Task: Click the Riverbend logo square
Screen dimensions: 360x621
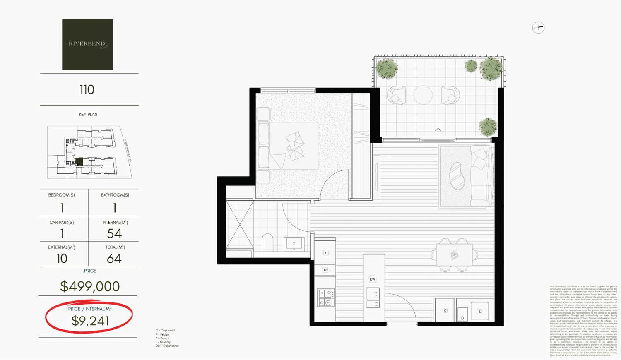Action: pyautogui.click(x=87, y=44)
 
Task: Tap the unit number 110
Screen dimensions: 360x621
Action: pyautogui.click(x=87, y=90)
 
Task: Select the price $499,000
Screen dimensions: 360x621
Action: pyautogui.click(x=90, y=286)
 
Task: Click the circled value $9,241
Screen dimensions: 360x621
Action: pyautogui.click(x=90, y=321)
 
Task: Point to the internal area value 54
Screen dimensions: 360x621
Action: pyautogui.click(x=114, y=233)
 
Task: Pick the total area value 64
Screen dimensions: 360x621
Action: pyautogui.click(x=114, y=259)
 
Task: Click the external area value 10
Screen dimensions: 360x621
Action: pyautogui.click(x=62, y=259)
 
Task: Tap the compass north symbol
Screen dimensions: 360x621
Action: pyautogui.click(x=538, y=28)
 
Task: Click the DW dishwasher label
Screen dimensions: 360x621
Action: pyautogui.click(x=373, y=279)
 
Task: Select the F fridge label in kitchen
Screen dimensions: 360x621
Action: pyautogui.click(x=326, y=253)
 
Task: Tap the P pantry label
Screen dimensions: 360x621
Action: pyautogui.click(x=325, y=270)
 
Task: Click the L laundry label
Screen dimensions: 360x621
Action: pyautogui.click(x=479, y=312)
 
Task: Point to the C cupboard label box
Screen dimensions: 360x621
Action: pyautogui.click(x=445, y=310)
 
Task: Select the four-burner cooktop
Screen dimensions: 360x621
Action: pyautogui.click(x=325, y=298)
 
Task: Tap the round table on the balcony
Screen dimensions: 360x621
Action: pyautogui.click(x=423, y=95)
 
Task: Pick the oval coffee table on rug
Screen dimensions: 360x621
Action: pyautogui.click(x=457, y=176)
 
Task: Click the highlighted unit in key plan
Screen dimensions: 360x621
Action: pyautogui.click(x=80, y=161)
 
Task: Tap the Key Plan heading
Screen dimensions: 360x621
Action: pyautogui.click(x=88, y=115)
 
